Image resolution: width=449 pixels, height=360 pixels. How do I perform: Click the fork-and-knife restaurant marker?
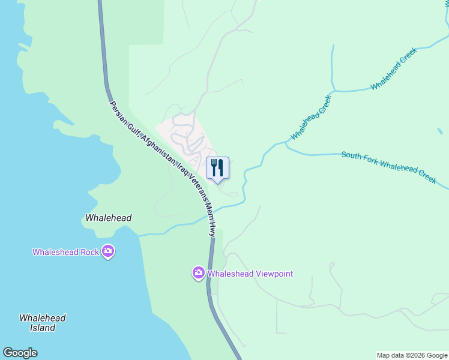(x=217, y=167)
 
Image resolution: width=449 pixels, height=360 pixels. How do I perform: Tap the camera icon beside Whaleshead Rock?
(x=108, y=251)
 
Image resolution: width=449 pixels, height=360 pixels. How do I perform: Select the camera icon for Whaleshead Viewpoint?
(x=199, y=274)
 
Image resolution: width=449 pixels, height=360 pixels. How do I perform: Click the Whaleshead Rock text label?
(x=65, y=252)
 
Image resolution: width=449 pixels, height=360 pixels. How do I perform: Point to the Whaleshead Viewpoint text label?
(x=250, y=274)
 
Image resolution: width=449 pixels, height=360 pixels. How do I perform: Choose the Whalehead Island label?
(x=42, y=323)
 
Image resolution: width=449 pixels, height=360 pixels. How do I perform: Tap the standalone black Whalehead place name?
(x=108, y=218)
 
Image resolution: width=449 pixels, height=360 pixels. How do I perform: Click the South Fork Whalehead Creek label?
(x=388, y=167)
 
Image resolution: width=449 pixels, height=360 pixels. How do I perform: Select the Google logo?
(x=20, y=353)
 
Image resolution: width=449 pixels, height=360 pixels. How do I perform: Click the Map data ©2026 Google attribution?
(x=412, y=355)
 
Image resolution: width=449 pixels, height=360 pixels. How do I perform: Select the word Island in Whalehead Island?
(x=43, y=328)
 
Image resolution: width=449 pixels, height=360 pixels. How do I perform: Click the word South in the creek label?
(x=351, y=155)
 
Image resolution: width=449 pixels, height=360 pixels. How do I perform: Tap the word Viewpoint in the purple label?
(x=271, y=274)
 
